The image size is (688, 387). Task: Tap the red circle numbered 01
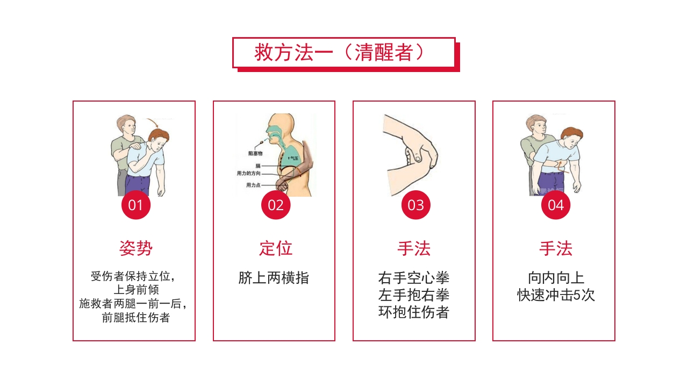(x=136, y=205)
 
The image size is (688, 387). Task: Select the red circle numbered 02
(x=276, y=205)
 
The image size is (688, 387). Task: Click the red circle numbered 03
(x=415, y=205)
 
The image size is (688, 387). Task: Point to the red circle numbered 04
(x=555, y=205)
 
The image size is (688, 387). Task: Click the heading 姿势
(x=136, y=248)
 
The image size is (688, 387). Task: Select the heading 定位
(x=276, y=248)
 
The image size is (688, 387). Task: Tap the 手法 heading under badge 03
(x=414, y=248)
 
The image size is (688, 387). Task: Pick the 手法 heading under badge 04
(x=556, y=248)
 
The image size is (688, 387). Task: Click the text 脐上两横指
(x=274, y=278)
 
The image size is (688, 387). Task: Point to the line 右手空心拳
(x=414, y=278)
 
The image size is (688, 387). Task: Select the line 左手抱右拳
(x=414, y=295)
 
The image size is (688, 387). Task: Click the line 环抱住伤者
(x=414, y=312)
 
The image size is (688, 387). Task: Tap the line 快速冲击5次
(x=556, y=295)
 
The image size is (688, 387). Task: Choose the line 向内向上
(x=556, y=278)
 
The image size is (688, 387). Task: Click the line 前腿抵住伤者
(x=136, y=318)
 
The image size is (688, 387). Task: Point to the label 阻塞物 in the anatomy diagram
(x=255, y=153)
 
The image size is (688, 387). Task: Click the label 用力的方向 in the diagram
(x=249, y=174)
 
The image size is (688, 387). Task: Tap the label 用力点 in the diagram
(x=253, y=185)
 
